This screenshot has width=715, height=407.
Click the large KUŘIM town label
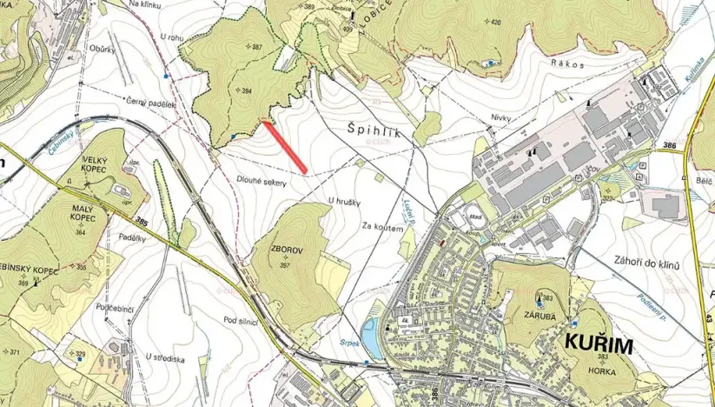599,344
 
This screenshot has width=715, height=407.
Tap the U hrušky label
343,202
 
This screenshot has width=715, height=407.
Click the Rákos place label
566,63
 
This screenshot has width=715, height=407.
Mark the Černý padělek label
149,102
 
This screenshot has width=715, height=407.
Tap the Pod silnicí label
242,321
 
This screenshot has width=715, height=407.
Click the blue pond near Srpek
370,337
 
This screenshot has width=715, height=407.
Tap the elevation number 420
495,22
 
